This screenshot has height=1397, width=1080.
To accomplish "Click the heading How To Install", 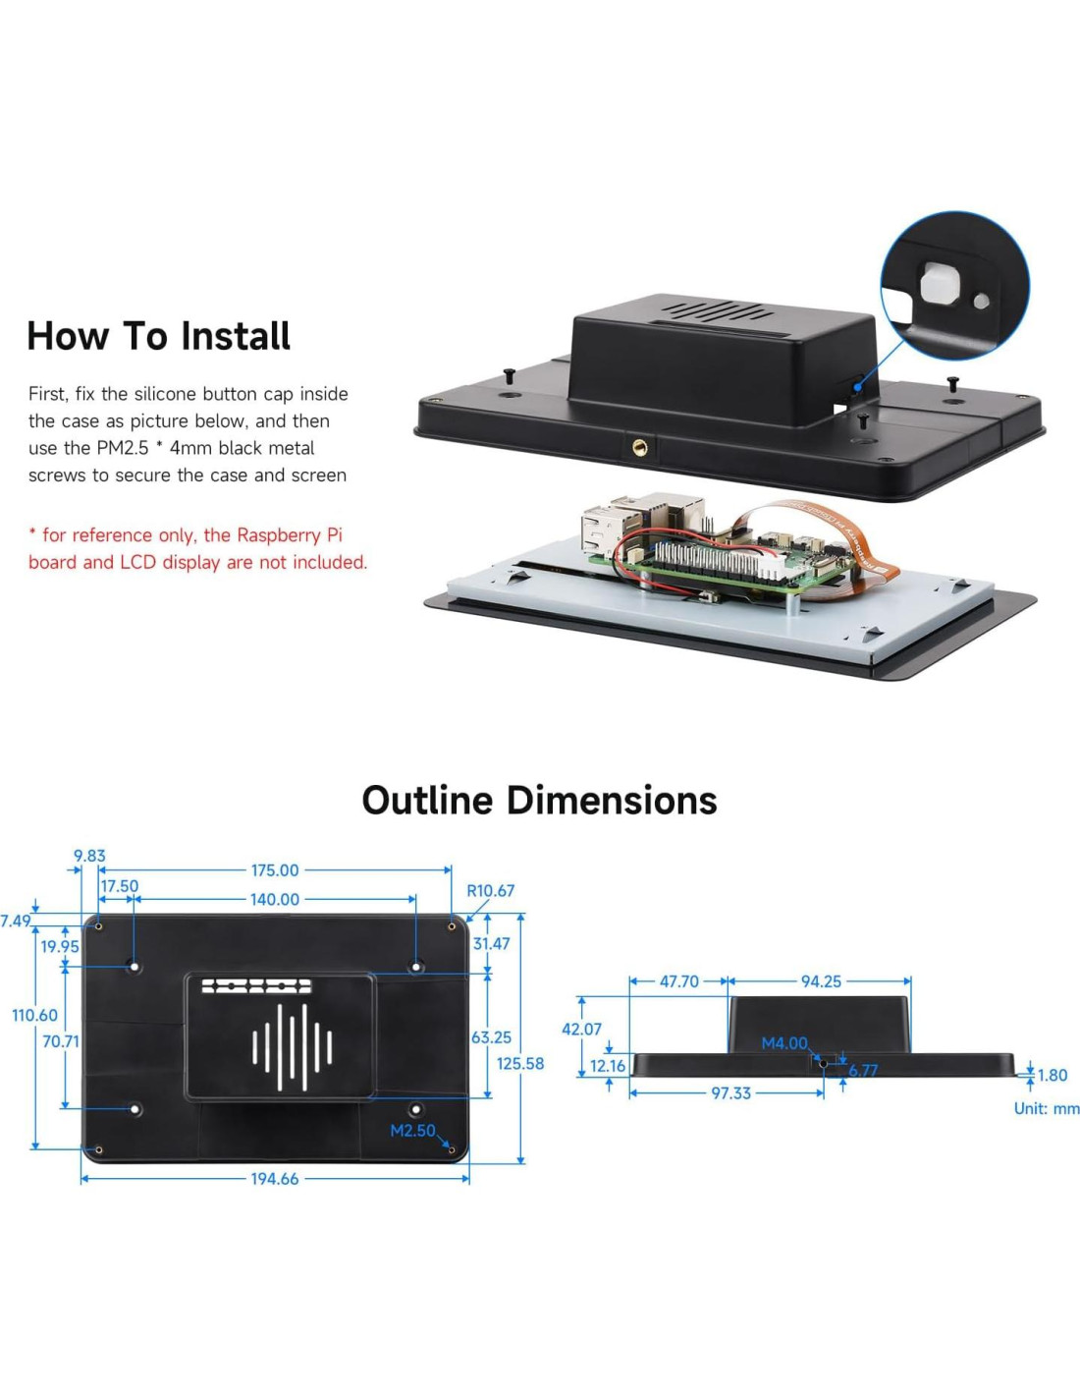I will pyautogui.click(x=158, y=337).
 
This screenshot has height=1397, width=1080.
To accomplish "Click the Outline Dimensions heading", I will pyautogui.click(x=539, y=801).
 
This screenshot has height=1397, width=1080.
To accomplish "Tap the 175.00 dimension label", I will pyautogui.click(x=275, y=870).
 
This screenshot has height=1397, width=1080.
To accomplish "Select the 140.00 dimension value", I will pyautogui.click(x=275, y=899).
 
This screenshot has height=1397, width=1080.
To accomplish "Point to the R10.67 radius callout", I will pyautogui.click(x=490, y=891).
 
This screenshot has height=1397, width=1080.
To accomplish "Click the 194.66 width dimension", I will pyautogui.click(x=275, y=1179).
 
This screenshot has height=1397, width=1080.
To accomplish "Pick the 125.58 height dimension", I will pyautogui.click(x=519, y=1063).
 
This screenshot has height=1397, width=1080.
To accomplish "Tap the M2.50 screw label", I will pyautogui.click(x=412, y=1131).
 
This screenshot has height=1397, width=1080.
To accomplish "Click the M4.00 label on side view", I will pyautogui.click(x=784, y=1043).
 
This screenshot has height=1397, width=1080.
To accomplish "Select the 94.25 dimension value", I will pyautogui.click(x=821, y=981).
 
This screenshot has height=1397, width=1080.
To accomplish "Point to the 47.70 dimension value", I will pyautogui.click(x=679, y=981).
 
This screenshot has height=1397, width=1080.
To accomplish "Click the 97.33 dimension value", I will pyautogui.click(x=731, y=1093).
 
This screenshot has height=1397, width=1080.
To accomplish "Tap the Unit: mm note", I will pyautogui.click(x=1047, y=1108).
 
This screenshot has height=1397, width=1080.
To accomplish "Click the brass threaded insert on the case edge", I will pyautogui.click(x=640, y=447).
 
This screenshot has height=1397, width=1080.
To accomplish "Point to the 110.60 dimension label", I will pyautogui.click(x=34, y=1015).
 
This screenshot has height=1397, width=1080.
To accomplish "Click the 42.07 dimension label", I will pyautogui.click(x=581, y=1029).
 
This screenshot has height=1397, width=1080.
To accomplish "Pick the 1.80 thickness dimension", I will pyautogui.click(x=1053, y=1075).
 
